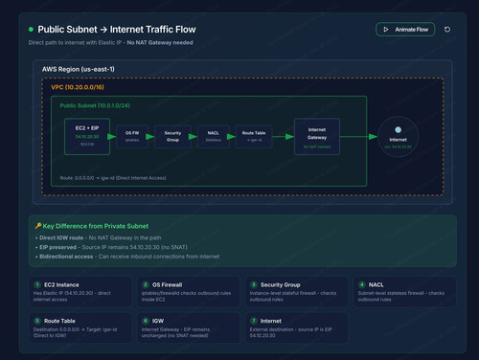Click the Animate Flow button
pyautogui.click(x=405, y=30)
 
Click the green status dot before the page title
pyautogui.click(x=31, y=30)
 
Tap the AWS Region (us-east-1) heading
pyautogui.click(x=78, y=69)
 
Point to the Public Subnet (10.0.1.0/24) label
pyautogui.click(x=96, y=105)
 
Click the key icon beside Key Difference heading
pyautogui.click(x=38, y=226)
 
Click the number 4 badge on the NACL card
pyautogui.click(x=360, y=284)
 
